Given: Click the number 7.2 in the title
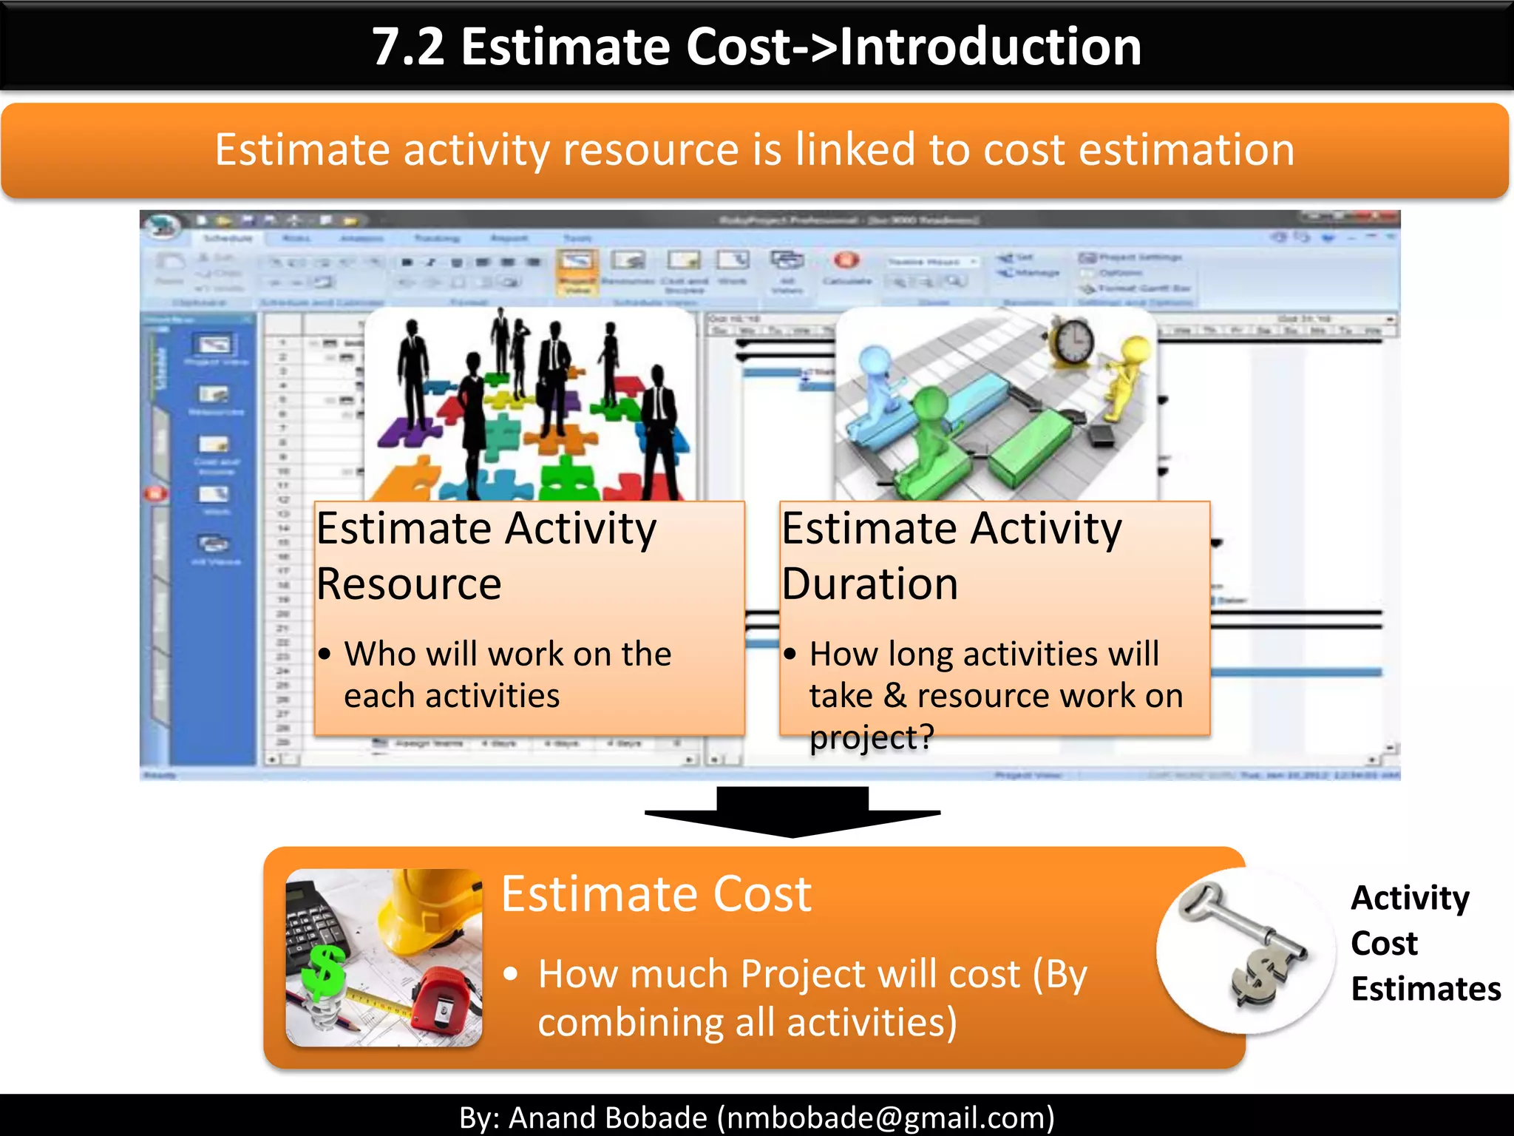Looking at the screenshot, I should [407, 47].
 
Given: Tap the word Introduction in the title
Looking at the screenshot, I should [991, 47].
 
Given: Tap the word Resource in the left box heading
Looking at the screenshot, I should [409, 584].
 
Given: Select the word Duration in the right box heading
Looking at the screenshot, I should [870, 584].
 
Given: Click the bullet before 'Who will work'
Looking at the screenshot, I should [325, 655].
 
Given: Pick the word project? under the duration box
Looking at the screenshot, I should [872, 737].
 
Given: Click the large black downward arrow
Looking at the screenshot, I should [792, 811].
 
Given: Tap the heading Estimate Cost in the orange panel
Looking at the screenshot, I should [656, 894].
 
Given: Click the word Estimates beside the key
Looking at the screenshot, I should [1425, 989].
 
